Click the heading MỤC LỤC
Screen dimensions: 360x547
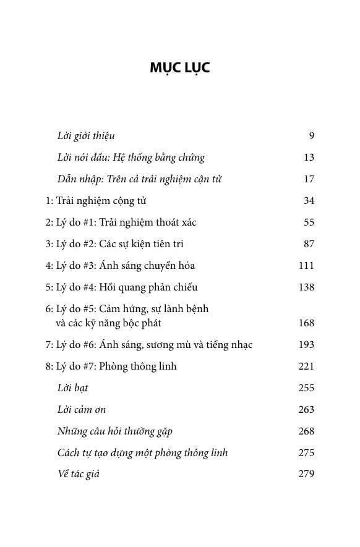179,67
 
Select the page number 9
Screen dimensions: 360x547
311,136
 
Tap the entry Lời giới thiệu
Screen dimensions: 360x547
85,136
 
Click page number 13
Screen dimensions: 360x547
309,158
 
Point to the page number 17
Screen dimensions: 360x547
309,179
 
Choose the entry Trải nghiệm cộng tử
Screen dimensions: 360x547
101,201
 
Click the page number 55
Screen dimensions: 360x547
309,223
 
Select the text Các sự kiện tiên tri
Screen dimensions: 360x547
142,244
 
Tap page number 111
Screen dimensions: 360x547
306,266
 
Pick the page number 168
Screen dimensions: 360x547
306,323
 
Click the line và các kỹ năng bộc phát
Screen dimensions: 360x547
108,323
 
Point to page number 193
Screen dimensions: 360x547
306,345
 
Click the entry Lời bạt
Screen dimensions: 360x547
72,388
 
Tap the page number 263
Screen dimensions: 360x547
306,410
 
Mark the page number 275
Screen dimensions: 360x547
306,453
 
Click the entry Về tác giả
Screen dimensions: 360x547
78,475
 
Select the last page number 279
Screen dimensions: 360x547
306,475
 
